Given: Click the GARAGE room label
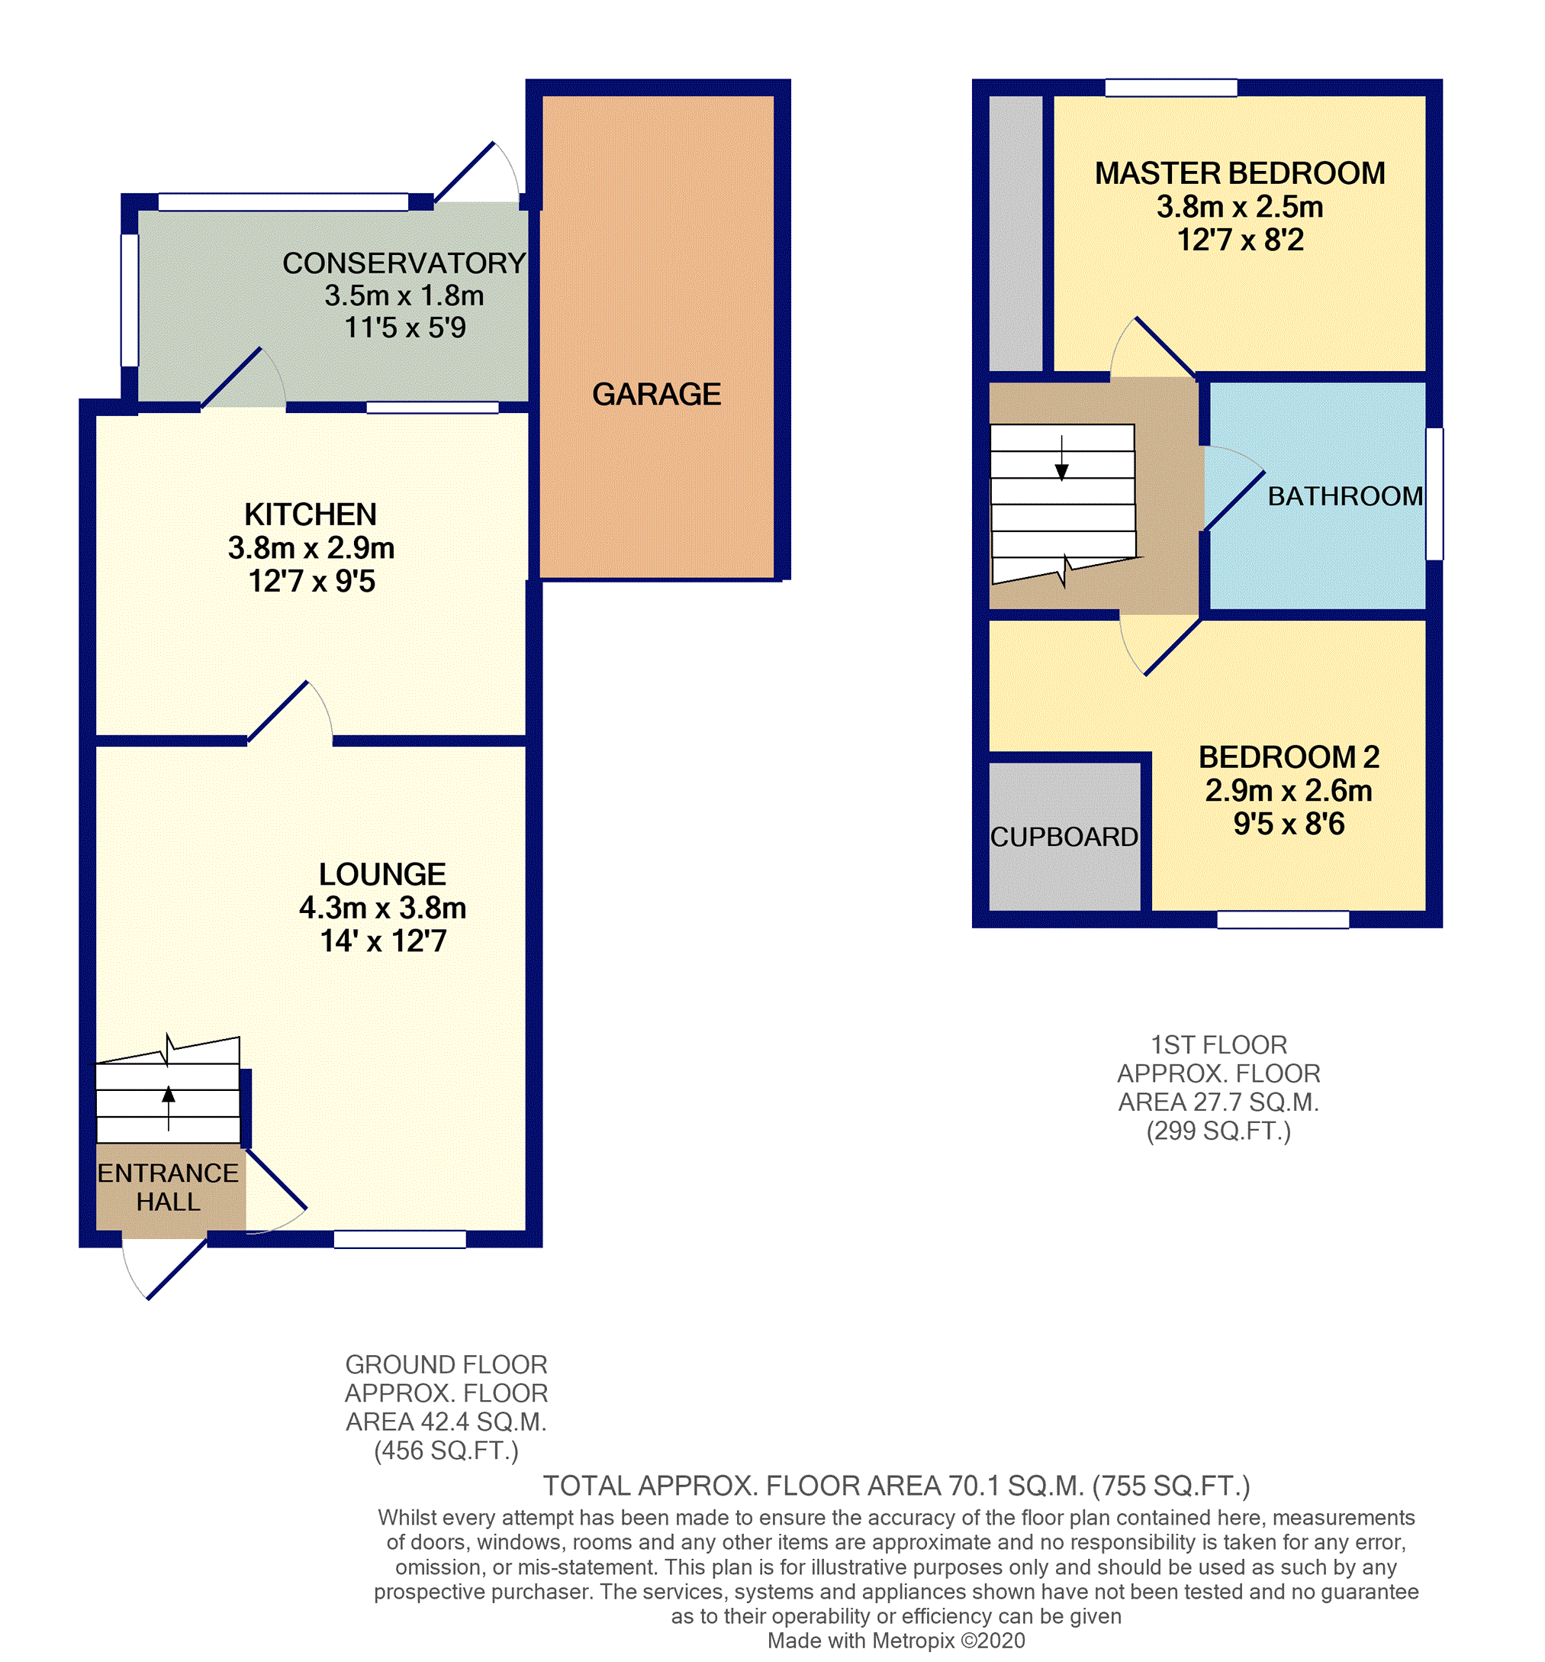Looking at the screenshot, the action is (656, 394).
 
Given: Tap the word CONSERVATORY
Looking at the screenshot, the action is (404, 263).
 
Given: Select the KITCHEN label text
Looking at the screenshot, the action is (310, 514).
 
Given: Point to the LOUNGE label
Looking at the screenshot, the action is (382, 874).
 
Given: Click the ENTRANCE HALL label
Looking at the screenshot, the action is (168, 1187).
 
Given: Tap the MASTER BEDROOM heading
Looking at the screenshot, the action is (1239, 173).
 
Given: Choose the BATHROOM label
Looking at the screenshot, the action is (1344, 495).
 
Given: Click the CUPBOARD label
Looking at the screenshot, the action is (1064, 837).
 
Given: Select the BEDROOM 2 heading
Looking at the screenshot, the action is (1289, 757).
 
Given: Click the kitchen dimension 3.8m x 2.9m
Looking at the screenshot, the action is (311, 547).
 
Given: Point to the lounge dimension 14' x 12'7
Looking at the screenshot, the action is (383, 941).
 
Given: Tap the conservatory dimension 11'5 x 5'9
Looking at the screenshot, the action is (404, 328).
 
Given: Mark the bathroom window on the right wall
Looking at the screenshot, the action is (1434, 494).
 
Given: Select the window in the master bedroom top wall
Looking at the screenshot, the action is (1170, 88).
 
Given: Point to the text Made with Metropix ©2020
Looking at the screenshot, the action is (896, 1641).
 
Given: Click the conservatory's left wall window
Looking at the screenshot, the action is (130, 300).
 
